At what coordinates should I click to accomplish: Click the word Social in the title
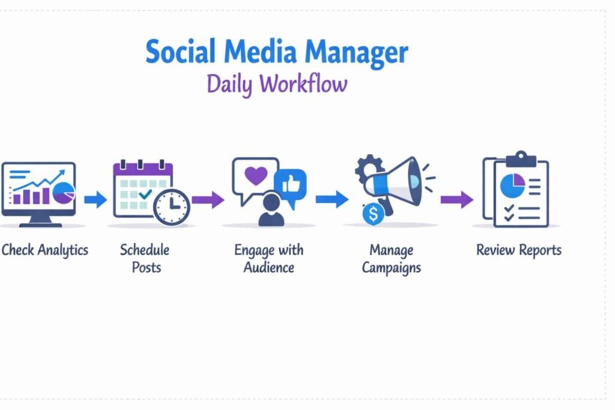tap(180, 51)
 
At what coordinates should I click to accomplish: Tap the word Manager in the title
tap(356, 53)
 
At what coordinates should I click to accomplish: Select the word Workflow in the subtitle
tap(303, 83)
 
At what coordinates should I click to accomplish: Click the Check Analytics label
tap(44, 250)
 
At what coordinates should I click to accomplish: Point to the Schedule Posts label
tap(145, 258)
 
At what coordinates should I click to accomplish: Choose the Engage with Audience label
tap(268, 258)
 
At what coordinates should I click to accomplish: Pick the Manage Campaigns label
tap(391, 259)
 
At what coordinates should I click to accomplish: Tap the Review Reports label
tap(519, 250)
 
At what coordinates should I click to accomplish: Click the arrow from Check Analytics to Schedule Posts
tap(95, 199)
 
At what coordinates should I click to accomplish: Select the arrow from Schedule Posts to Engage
tap(208, 199)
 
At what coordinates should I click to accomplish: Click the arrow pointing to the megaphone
tap(332, 199)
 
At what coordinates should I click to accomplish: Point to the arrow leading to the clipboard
tap(457, 199)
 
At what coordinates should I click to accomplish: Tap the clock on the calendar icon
tap(171, 207)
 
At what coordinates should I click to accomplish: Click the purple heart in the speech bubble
tap(256, 175)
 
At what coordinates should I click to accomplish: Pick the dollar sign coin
tap(374, 214)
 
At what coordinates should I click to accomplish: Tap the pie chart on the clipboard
tap(513, 185)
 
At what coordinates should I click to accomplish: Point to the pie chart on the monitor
tap(64, 193)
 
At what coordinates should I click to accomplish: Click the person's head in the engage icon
tap(271, 202)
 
